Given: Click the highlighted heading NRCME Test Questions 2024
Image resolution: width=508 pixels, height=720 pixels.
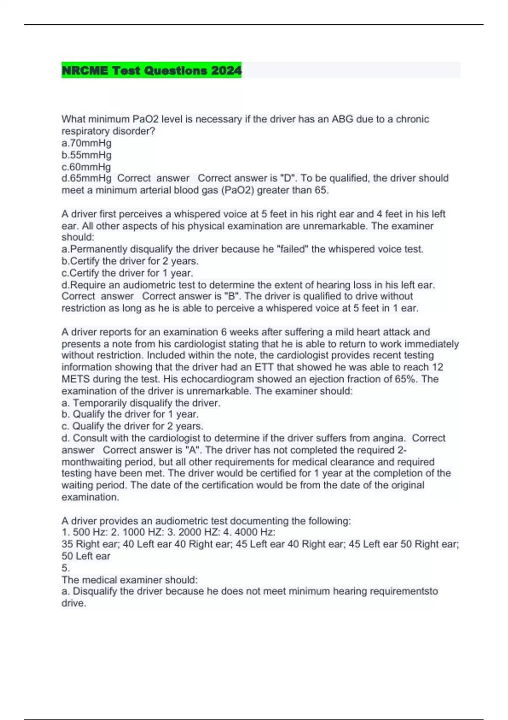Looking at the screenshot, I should click(152, 70).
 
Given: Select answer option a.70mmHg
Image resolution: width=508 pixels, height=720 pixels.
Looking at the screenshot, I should click(86, 143).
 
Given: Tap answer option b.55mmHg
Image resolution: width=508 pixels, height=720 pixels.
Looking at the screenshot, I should click(86, 155).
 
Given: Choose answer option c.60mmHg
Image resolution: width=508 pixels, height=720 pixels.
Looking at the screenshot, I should click(86, 167).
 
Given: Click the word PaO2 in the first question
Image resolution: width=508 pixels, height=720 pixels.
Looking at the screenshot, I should click(145, 119).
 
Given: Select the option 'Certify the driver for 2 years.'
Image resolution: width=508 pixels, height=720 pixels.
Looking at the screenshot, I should click(130, 261).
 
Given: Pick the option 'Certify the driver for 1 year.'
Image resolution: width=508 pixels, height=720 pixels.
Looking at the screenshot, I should click(127, 273).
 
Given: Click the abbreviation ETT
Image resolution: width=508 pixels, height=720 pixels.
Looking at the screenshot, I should click(264, 367).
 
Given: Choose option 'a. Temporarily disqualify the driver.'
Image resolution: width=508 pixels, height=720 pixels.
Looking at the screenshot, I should click(141, 403).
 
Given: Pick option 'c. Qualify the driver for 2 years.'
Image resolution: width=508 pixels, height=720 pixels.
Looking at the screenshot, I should click(133, 426).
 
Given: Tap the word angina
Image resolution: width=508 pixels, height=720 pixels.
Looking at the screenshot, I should click(389, 438).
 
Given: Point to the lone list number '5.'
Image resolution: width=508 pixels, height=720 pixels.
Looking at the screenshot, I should click(66, 568).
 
